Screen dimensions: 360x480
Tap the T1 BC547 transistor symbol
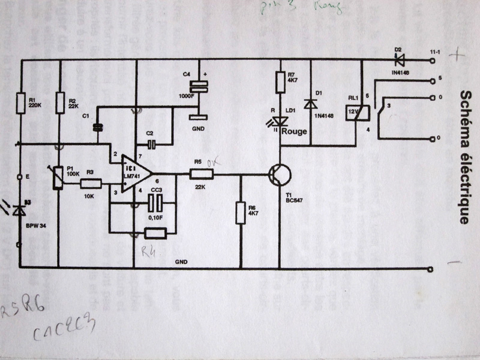pyautogui.click(x=279, y=175)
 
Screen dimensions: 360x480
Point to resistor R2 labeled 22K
pyautogui.click(x=59, y=102)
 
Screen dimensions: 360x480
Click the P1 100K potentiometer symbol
pyautogui.click(x=58, y=177)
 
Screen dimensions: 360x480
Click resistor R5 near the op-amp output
pyautogui.click(x=201, y=174)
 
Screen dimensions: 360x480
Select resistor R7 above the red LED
pyautogui.click(x=280, y=82)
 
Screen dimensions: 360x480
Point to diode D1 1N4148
pyautogui.click(x=310, y=103)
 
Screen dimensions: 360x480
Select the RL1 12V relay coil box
pyautogui.click(x=353, y=112)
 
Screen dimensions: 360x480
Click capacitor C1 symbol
pyautogui.click(x=97, y=127)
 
